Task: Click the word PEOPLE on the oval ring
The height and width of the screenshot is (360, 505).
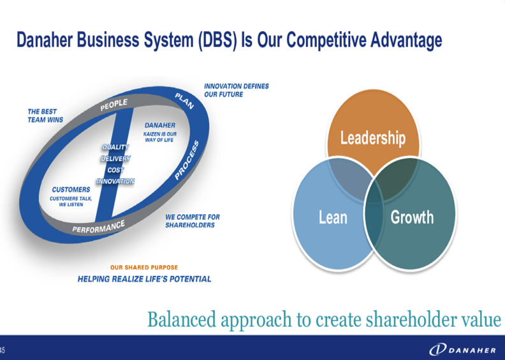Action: (x=114, y=105)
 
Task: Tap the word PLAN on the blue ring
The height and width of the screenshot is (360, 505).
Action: (x=184, y=101)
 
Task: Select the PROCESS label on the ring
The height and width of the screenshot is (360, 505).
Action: (x=187, y=160)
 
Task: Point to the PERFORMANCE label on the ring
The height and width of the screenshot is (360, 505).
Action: (x=99, y=226)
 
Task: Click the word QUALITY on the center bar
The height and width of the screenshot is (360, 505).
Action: (x=115, y=147)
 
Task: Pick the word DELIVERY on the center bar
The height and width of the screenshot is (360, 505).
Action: (x=115, y=159)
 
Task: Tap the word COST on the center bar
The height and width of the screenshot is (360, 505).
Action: (x=115, y=170)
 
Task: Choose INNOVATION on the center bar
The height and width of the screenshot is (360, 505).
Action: (x=115, y=182)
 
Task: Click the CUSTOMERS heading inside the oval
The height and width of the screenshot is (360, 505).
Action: (x=71, y=189)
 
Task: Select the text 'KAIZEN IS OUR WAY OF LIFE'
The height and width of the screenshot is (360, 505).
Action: (x=160, y=137)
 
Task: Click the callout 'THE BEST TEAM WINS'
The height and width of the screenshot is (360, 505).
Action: (x=45, y=116)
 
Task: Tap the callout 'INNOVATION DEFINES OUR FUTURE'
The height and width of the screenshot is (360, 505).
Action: (x=237, y=90)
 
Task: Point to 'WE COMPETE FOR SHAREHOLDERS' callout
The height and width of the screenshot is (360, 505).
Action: (x=193, y=221)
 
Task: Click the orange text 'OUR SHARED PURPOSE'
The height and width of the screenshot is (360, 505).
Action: (x=144, y=268)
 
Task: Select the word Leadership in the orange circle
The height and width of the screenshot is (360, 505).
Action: (x=373, y=138)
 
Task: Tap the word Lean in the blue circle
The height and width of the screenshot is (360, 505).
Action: (x=333, y=217)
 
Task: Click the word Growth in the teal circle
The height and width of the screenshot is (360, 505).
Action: (x=412, y=217)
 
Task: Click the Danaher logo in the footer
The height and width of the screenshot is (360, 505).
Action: (x=463, y=350)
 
